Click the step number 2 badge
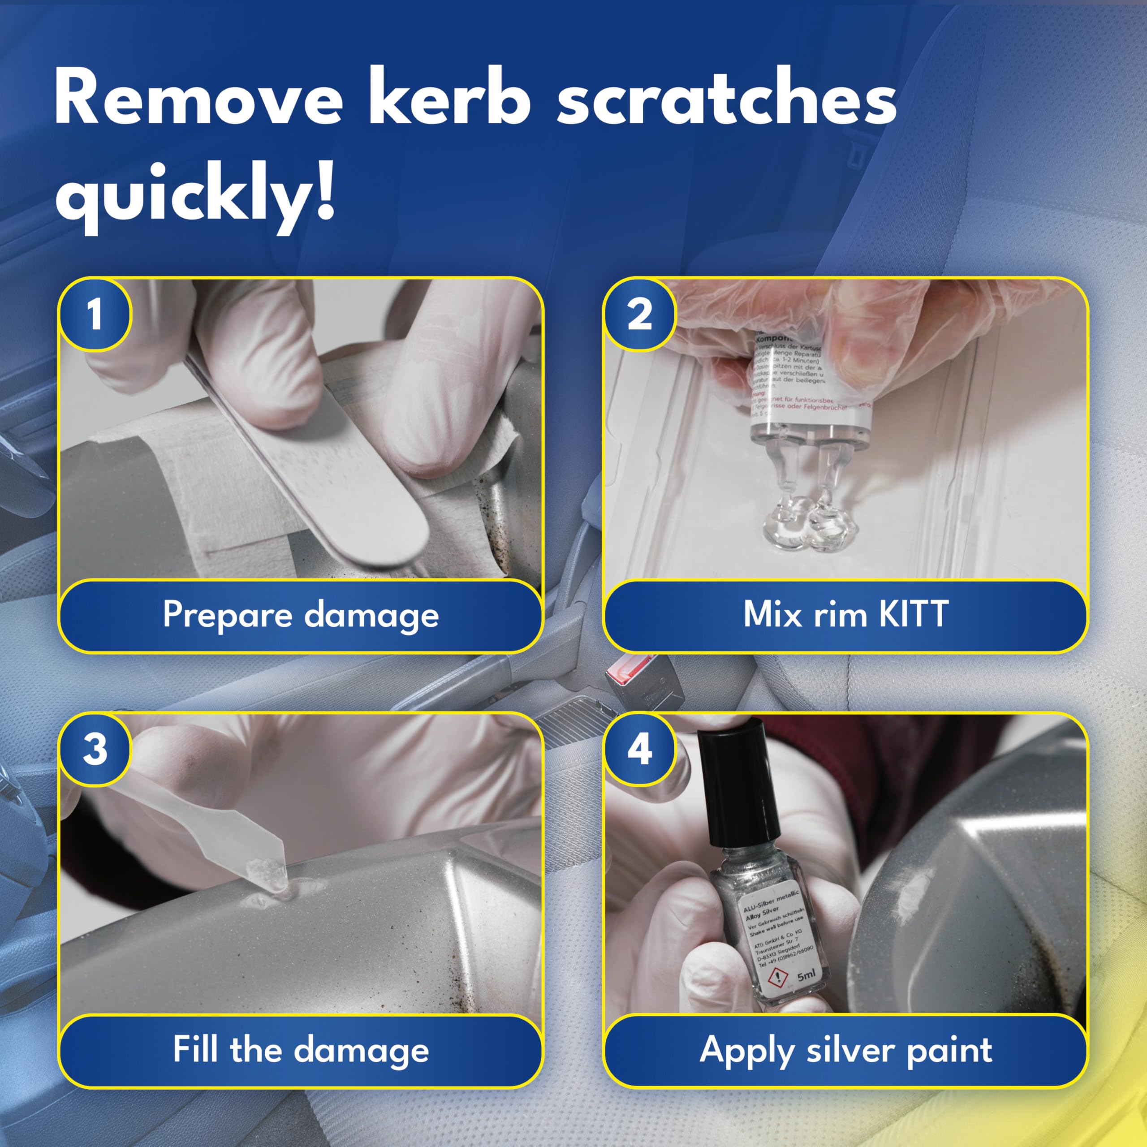click(x=639, y=315)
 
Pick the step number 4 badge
click(x=639, y=749)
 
